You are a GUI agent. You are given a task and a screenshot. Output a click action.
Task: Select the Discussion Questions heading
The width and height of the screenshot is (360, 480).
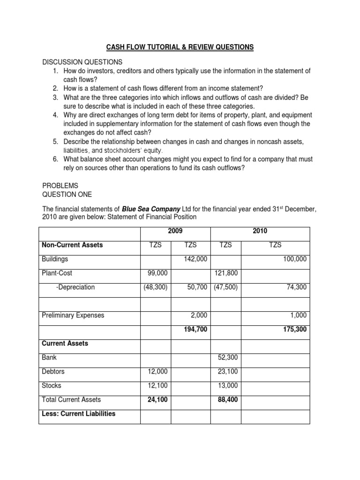pyautogui.click(x=82, y=62)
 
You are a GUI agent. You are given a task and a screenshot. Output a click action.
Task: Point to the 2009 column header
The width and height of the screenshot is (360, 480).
pyautogui.click(x=175, y=231)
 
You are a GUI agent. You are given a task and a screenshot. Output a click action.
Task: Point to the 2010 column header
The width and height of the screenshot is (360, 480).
pyautogui.click(x=260, y=231)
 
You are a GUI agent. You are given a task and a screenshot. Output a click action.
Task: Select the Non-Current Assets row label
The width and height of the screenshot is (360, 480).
pyautogui.click(x=72, y=245)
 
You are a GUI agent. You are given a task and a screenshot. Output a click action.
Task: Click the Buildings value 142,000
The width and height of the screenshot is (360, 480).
pyautogui.click(x=196, y=259)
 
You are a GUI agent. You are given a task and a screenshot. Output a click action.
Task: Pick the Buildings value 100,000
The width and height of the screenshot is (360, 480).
pyautogui.click(x=295, y=259)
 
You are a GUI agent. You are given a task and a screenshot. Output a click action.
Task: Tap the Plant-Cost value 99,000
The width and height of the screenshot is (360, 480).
pyautogui.click(x=156, y=273)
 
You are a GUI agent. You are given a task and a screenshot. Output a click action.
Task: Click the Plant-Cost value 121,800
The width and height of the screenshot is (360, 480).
pyautogui.click(x=226, y=273)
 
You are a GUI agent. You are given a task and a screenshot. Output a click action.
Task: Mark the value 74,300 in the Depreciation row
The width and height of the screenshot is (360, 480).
pyautogui.click(x=297, y=287)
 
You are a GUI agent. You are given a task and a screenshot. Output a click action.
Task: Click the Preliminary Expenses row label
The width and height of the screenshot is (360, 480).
pyautogui.click(x=73, y=315)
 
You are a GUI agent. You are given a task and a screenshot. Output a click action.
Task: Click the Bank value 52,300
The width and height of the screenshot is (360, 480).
pyautogui.click(x=228, y=357)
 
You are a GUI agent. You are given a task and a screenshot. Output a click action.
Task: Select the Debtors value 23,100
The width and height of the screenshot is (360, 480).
pyautogui.click(x=228, y=371)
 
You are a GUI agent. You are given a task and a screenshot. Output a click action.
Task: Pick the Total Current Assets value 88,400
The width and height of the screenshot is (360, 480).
pyautogui.click(x=228, y=400)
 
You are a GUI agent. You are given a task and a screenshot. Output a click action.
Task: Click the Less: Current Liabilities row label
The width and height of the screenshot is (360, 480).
pyautogui.click(x=78, y=413)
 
